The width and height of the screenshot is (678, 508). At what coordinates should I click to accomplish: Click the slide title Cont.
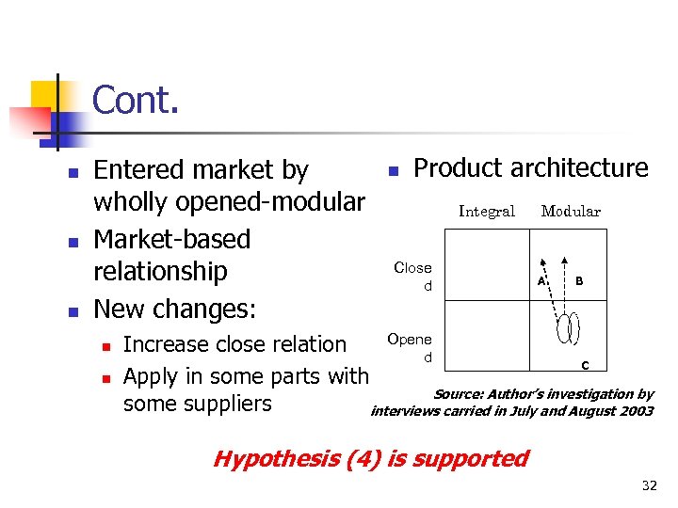(136, 101)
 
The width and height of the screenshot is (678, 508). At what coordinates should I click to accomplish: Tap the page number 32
(648, 485)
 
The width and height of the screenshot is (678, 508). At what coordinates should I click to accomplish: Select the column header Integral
(486, 212)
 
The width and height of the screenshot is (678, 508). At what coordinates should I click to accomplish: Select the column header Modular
(571, 212)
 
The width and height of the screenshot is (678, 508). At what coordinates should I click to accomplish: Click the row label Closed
(412, 276)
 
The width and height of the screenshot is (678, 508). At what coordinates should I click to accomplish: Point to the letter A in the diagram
(541, 280)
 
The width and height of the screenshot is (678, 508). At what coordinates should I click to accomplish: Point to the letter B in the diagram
(579, 280)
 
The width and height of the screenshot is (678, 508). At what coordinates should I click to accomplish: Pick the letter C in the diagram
(584, 365)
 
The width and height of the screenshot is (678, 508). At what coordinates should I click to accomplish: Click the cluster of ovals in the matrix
(567, 329)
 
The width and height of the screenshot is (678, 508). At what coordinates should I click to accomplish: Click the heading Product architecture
(531, 168)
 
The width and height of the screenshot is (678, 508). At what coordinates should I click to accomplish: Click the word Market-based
(172, 239)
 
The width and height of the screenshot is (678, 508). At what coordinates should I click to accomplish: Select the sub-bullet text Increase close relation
(234, 344)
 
